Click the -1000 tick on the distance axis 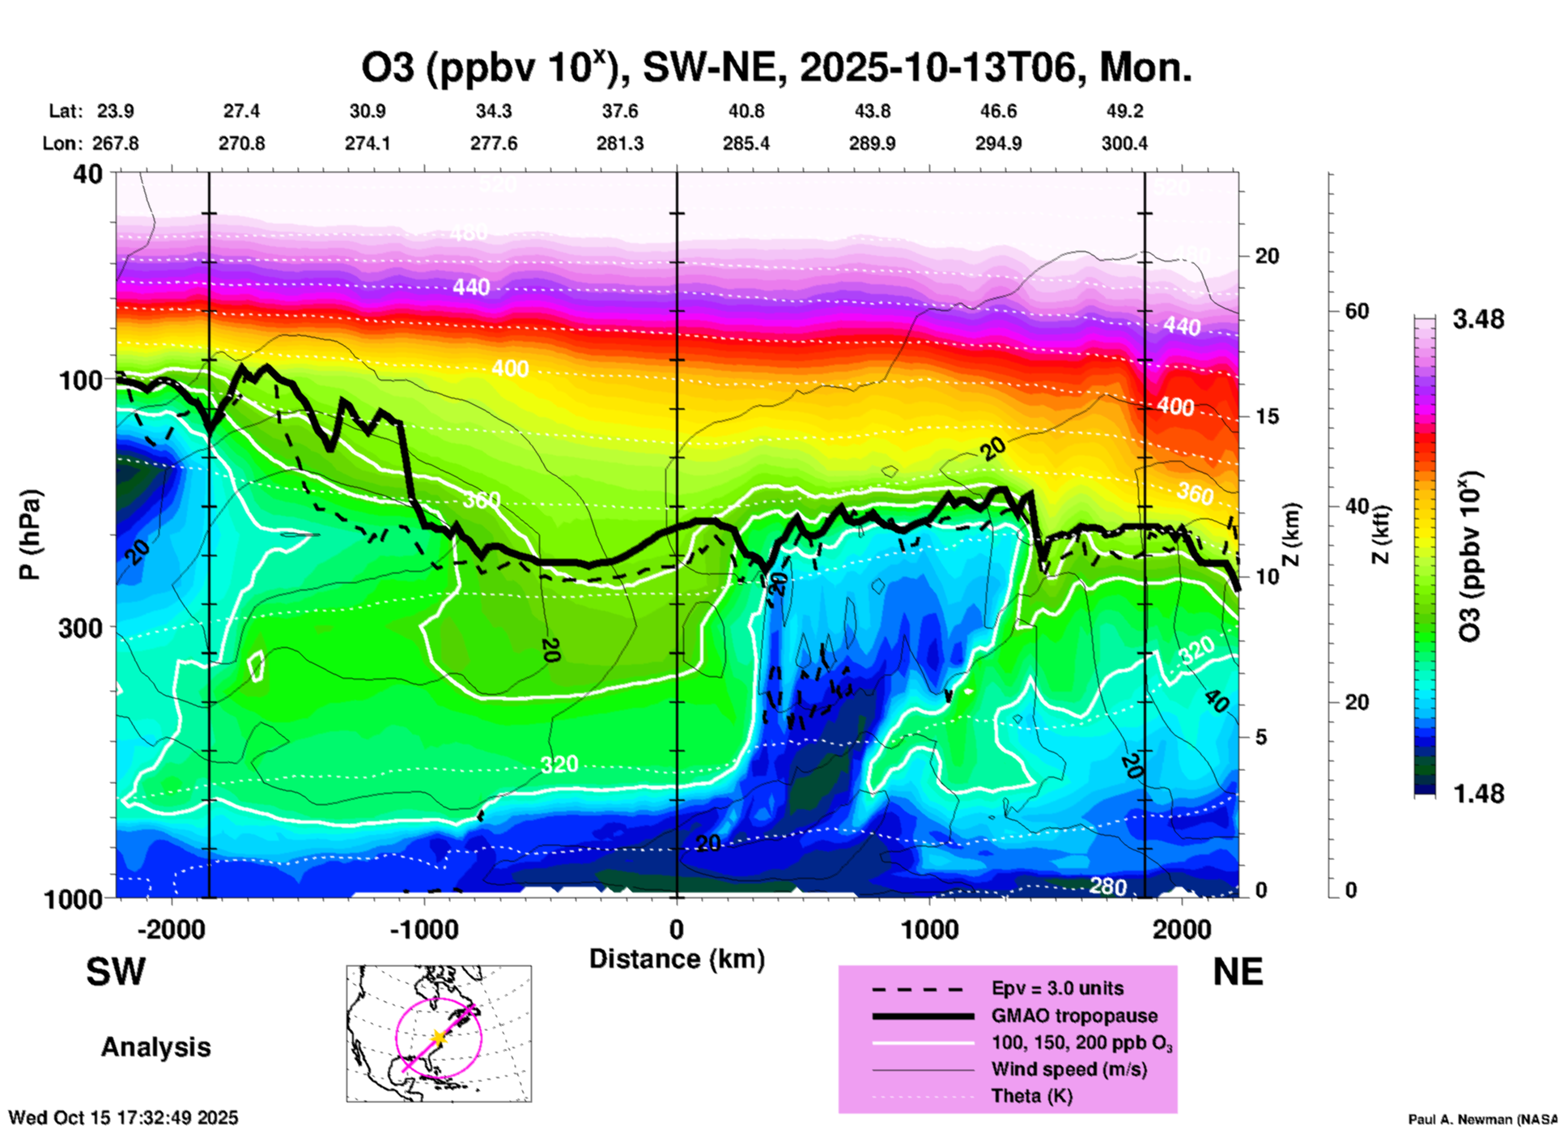423,930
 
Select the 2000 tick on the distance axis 1182,930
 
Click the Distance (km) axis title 677,959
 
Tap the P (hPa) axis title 30,535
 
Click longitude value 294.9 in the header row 998,143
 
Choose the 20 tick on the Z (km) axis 1267,256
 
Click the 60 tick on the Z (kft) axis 1357,311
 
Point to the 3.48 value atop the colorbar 1478,320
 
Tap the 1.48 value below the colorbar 1478,794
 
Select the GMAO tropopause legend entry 1074,1016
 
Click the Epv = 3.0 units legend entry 1057,988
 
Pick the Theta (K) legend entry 1031,1096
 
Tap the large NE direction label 1238,972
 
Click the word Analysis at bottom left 155,1047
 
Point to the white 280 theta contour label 1107,887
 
